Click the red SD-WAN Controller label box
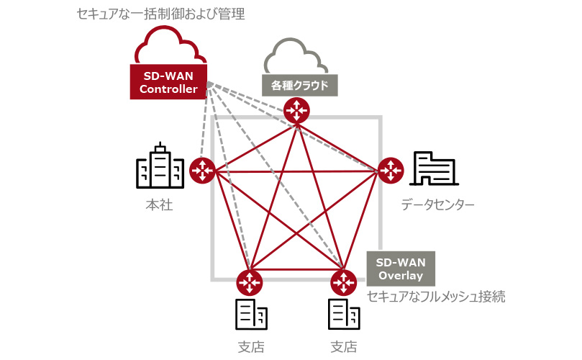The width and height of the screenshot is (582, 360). click(168, 82)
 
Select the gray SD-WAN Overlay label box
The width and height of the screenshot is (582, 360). click(400, 269)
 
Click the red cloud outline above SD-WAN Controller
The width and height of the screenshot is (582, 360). click(168, 45)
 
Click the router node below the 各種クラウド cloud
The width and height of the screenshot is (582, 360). click(296, 110)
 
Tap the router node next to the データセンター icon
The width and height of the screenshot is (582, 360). click(391, 170)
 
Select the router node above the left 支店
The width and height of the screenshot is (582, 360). click(249, 281)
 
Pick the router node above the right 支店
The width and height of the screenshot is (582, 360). click(344, 281)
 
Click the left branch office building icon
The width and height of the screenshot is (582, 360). click(251, 314)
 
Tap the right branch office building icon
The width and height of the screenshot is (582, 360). click(344, 314)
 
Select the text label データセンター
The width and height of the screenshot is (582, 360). click(438, 205)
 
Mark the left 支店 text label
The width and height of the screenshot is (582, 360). click(251, 347)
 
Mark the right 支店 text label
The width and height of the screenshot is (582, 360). click(344, 347)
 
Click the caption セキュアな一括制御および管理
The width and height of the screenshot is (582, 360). click(161, 14)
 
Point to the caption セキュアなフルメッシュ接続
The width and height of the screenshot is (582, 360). click(436, 297)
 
